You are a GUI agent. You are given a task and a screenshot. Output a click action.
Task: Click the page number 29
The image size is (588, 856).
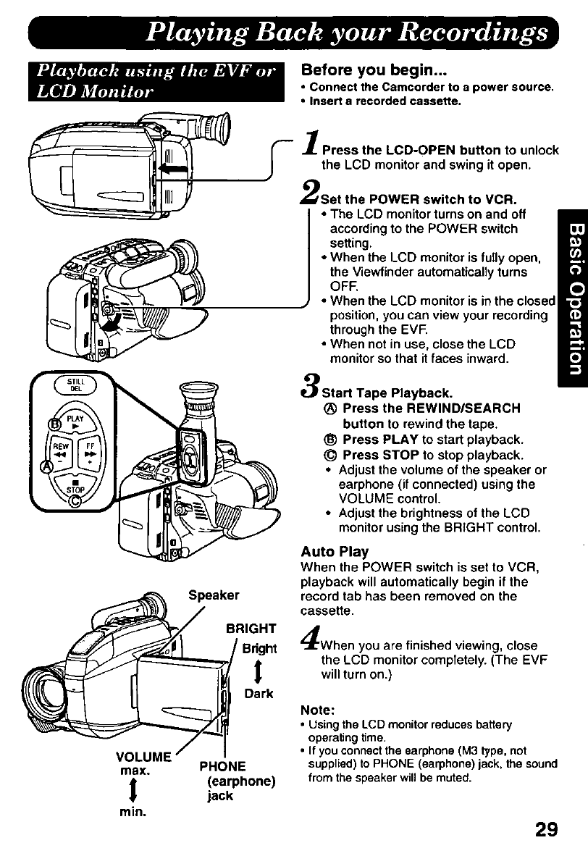(543, 828)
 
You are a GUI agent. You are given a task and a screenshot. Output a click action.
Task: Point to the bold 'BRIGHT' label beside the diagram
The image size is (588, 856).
(251, 629)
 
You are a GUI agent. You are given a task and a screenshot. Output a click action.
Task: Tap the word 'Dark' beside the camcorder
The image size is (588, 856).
(259, 694)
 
